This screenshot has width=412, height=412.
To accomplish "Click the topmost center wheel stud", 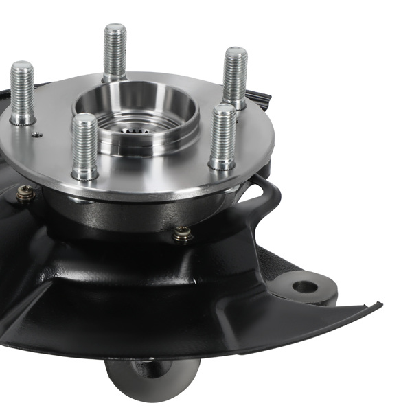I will pos(115,51).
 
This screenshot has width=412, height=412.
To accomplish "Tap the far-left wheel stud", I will pos(22,93).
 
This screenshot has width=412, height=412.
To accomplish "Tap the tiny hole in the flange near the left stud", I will pos(39,135).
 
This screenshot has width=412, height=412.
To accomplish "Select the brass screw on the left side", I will pos(25,194).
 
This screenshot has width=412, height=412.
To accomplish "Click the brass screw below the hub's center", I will pos(182,234).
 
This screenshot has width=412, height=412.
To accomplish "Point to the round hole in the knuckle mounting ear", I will pos(304,285).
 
